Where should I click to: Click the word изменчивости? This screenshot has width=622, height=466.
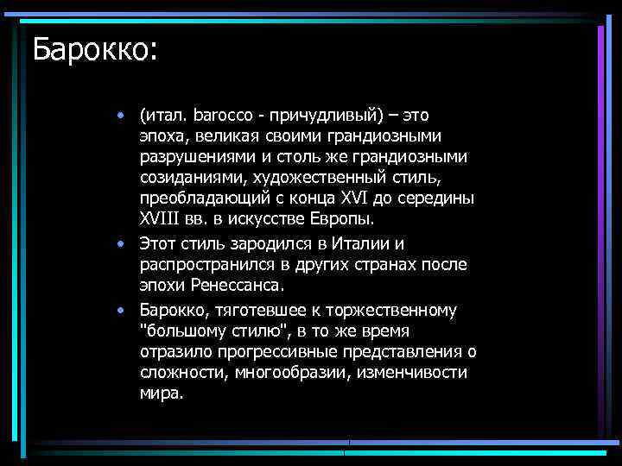[x=417, y=373]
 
